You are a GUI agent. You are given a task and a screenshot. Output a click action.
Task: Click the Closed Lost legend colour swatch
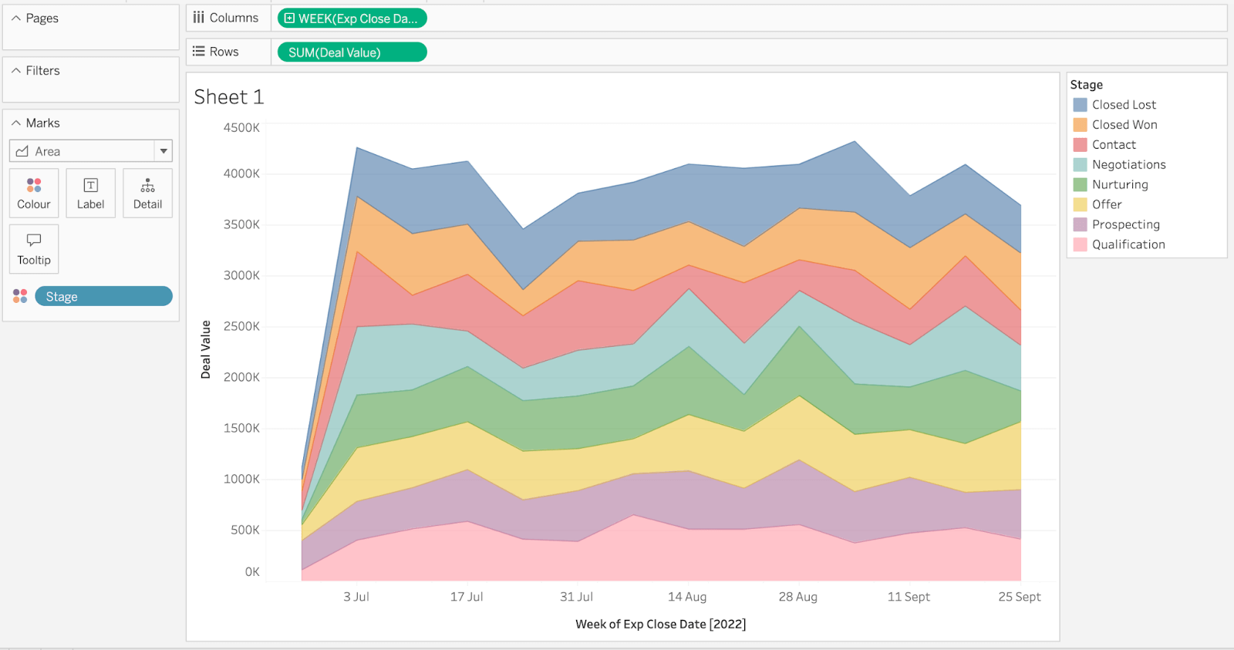click(x=1080, y=105)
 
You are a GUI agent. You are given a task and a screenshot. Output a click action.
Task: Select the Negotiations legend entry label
click(x=1128, y=164)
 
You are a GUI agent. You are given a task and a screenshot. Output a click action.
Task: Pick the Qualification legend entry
click(x=1128, y=244)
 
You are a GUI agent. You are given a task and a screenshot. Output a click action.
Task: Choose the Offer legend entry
click(x=1106, y=204)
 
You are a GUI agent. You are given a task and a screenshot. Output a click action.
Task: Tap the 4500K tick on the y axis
click(x=241, y=128)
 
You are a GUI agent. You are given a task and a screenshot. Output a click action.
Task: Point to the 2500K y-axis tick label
click(x=241, y=326)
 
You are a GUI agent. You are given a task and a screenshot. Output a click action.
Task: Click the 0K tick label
click(x=252, y=572)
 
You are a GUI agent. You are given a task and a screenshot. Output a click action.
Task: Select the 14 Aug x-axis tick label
click(x=686, y=597)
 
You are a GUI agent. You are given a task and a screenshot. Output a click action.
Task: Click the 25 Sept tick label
click(x=1019, y=597)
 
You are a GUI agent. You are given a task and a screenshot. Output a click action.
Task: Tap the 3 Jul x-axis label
click(x=356, y=597)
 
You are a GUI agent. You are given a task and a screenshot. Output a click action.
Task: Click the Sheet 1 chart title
click(x=228, y=97)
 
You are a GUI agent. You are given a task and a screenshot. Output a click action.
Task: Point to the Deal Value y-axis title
click(x=206, y=349)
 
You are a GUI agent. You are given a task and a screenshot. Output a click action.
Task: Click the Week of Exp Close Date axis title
click(x=660, y=624)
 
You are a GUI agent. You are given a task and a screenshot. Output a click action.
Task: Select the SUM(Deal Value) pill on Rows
click(x=352, y=52)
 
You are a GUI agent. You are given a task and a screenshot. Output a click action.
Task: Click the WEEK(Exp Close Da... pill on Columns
click(x=352, y=19)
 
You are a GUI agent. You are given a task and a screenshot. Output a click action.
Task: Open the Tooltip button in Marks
click(x=34, y=249)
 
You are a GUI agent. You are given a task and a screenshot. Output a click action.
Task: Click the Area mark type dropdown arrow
click(x=164, y=151)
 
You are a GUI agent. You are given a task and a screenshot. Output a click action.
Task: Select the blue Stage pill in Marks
click(x=103, y=297)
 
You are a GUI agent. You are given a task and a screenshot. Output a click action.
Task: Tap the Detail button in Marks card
click(x=147, y=194)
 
